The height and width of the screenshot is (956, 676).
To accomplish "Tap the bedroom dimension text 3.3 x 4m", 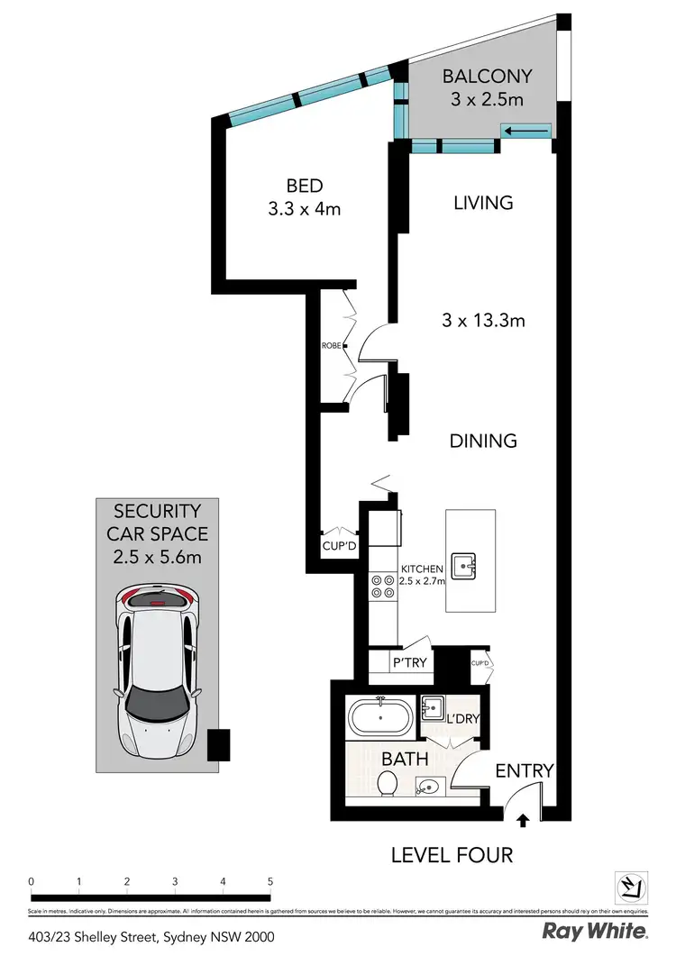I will pyautogui.click(x=304, y=209).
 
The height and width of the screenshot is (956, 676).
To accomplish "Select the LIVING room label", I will pyautogui.click(x=484, y=203).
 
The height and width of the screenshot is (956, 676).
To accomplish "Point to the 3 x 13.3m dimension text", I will pyautogui.click(x=484, y=320).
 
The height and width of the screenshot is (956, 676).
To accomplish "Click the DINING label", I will pyautogui.click(x=484, y=441).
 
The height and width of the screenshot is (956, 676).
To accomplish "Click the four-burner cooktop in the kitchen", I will pyautogui.click(x=382, y=587).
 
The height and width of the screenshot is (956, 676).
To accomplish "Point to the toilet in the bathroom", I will pyautogui.click(x=388, y=782).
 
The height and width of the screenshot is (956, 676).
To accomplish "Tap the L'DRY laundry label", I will pyautogui.click(x=461, y=718).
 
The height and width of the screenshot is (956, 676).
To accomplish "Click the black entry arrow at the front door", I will pyautogui.click(x=522, y=820).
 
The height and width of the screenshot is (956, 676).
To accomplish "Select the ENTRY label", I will pyautogui.click(x=524, y=771).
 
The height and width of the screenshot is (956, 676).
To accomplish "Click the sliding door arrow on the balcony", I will pyautogui.click(x=527, y=132).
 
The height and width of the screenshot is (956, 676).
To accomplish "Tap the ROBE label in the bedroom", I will pyautogui.click(x=331, y=345).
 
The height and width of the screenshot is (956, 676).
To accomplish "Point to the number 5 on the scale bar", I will pyautogui.click(x=270, y=880).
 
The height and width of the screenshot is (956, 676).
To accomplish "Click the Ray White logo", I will pyautogui.click(x=594, y=931).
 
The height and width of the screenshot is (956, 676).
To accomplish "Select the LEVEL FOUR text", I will pyautogui.click(x=452, y=853).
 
